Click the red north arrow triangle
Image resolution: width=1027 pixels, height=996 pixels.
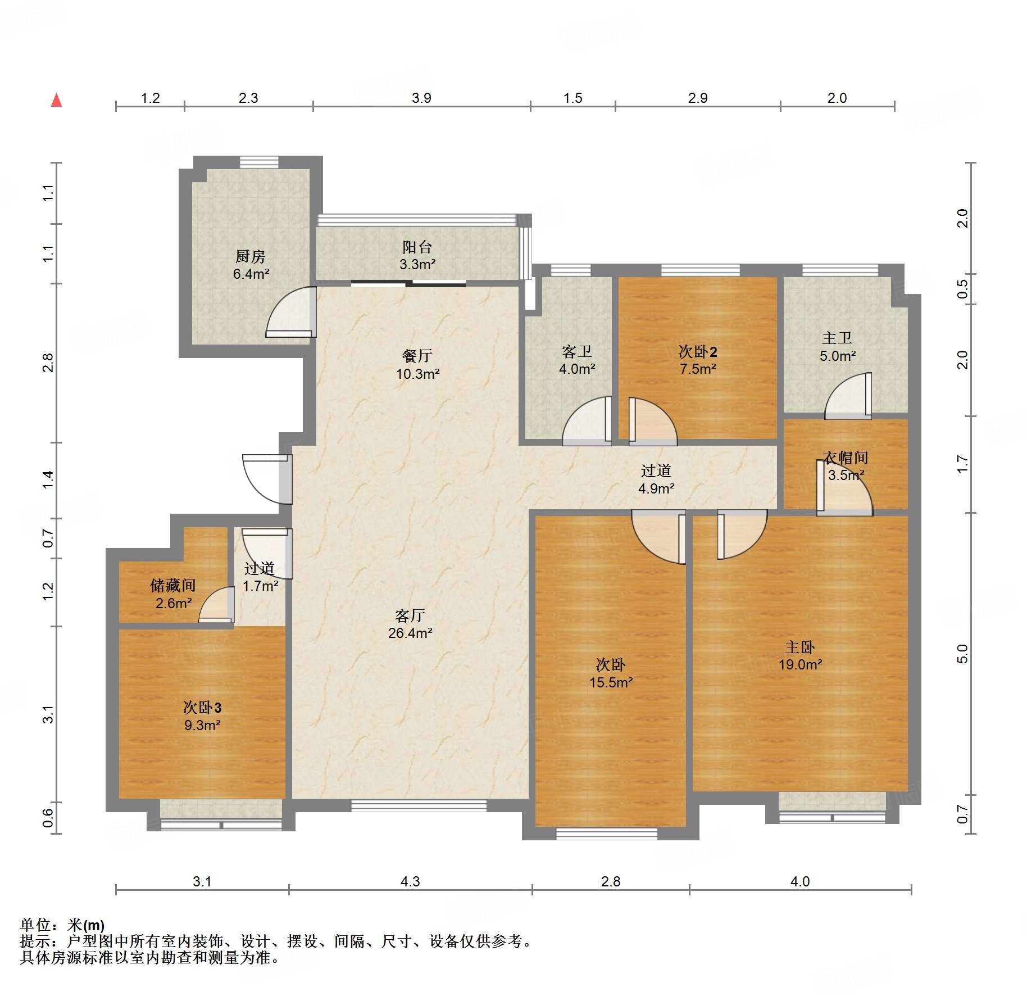coord(56,101)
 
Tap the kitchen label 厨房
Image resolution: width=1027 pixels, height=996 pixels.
coord(250,256)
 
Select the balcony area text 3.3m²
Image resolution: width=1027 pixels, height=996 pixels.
coord(417,264)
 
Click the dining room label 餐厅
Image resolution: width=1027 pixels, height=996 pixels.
coord(417,356)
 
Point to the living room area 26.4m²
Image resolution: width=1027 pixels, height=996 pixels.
coord(410,633)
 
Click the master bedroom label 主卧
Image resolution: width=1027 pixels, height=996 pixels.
coord(799,647)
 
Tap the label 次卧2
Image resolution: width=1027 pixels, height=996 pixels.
coord(697,352)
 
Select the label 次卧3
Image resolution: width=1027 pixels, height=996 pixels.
coord(202,708)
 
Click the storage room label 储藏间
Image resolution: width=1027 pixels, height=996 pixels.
coord(173,586)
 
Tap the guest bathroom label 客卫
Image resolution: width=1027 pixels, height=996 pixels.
coord(576,352)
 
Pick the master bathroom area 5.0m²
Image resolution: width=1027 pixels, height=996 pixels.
coord(837,356)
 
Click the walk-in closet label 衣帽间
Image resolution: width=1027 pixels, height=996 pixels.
coord(846,458)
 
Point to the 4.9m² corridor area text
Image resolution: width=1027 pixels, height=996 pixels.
coord(656,488)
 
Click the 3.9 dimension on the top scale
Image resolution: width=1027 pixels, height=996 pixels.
coord(421,98)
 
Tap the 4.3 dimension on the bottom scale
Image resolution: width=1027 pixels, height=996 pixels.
coord(410,881)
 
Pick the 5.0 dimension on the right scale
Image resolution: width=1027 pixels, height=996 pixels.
coord(962,654)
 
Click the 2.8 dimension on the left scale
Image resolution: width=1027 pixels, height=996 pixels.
coord(48,363)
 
